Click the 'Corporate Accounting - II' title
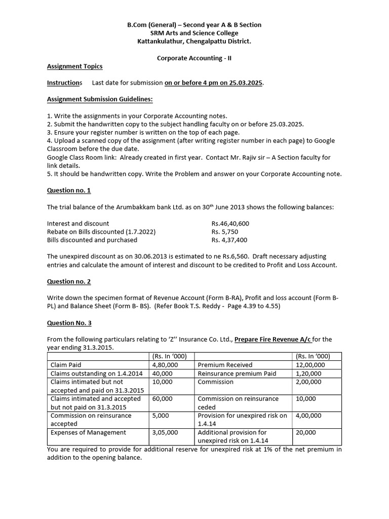194,58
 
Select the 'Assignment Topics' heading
74,66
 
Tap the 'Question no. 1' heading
69,191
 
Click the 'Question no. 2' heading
69,281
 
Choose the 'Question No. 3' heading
69,322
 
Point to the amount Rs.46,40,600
230,224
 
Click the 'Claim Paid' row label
65,365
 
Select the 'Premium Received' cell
225,365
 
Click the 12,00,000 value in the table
310,365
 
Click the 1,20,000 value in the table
308,374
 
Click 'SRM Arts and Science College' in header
194,33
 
